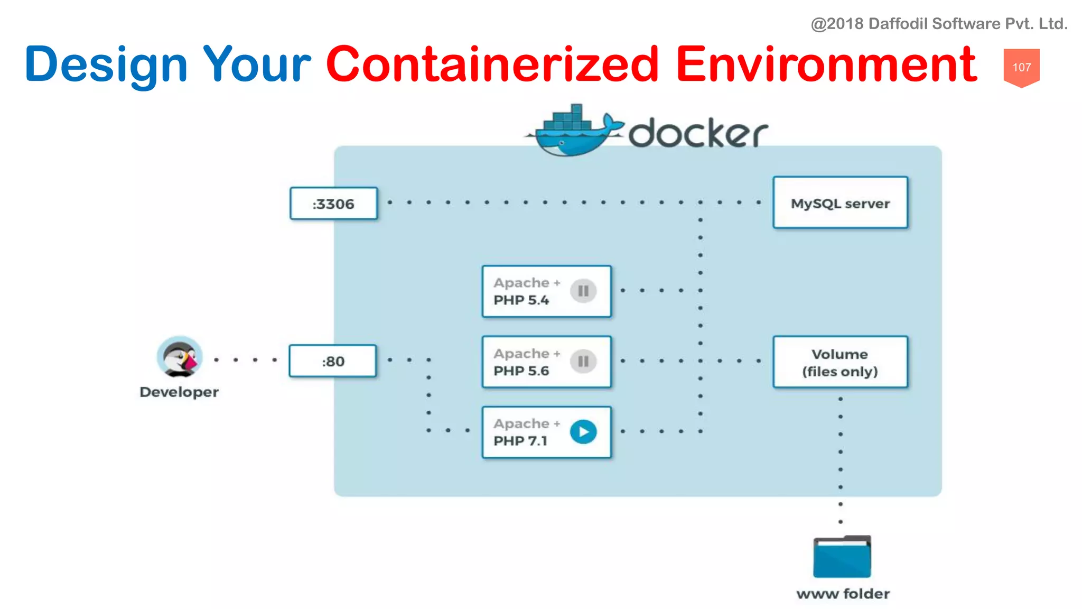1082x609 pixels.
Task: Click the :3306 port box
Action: (333, 204)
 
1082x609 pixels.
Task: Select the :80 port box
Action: (333, 361)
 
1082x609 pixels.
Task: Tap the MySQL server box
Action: (840, 203)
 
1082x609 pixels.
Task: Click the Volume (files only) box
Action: (840, 362)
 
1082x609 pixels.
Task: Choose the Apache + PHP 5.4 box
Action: (546, 291)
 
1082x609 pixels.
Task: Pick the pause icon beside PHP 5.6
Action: (583, 362)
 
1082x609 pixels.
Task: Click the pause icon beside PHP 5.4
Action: (583, 291)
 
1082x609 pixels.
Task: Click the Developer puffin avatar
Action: (180, 357)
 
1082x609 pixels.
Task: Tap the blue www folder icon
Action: (842, 557)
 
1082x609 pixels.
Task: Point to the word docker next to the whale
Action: (697, 133)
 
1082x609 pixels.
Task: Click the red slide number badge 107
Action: (1021, 67)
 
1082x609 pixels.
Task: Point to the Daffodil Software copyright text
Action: (939, 24)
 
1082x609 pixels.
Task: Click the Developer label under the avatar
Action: (179, 392)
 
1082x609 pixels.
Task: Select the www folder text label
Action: (843, 594)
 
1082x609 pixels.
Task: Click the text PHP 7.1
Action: (520, 441)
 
